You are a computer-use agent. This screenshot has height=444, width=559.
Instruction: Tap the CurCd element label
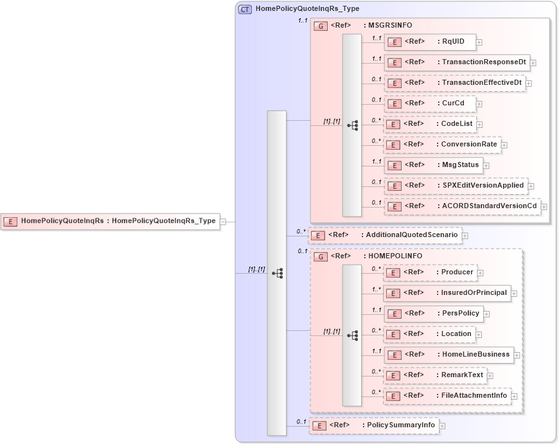452,103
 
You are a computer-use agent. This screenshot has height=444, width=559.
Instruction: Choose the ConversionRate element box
442,145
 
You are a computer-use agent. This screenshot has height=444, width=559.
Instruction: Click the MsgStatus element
434,165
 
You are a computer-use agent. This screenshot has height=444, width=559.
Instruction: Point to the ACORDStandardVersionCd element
462,206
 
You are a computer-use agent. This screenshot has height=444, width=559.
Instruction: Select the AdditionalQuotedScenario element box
385,235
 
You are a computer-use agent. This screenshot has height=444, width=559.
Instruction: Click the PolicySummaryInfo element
374,425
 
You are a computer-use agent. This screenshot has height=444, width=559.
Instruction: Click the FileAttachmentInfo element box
447,396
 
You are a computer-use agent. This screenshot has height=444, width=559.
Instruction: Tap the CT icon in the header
245,9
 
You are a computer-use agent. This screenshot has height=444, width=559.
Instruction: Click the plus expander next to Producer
481,273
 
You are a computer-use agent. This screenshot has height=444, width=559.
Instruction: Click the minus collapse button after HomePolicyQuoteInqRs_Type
223,222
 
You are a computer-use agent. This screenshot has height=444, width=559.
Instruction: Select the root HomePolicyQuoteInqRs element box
110,221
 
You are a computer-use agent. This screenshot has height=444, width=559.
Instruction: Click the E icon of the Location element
394,335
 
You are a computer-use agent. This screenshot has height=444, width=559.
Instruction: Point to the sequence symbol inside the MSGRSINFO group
352,125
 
